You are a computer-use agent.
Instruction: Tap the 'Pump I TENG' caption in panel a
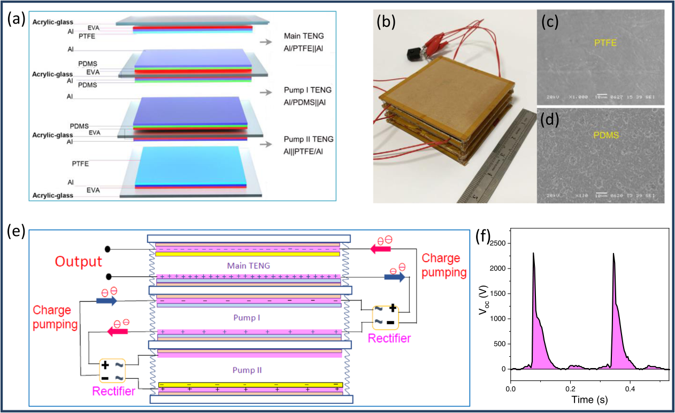click(x=310, y=90)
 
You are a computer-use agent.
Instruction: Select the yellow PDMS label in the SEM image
click(x=604, y=136)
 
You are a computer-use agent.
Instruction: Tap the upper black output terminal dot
click(x=108, y=249)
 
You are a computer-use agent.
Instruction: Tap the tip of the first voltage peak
click(x=533, y=253)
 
